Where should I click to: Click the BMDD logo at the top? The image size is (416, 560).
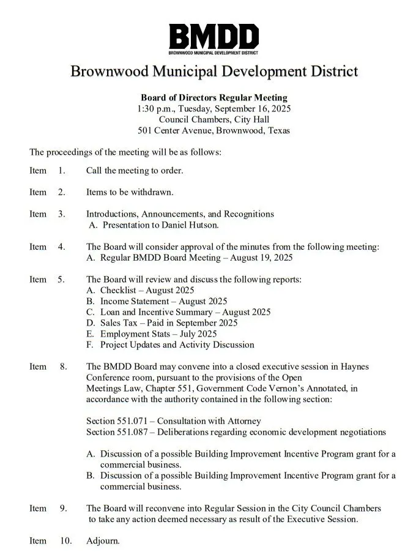pyautogui.click(x=214, y=39)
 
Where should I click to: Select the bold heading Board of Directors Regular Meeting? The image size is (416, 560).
pyautogui.click(x=214, y=97)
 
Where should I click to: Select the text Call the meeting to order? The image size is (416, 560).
pyautogui.click(x=134, y=171)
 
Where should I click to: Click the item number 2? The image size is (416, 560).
pyautogui.click(x=62, y=192)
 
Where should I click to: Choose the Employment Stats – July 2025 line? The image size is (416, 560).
pyautogui.click(x=158, y=334)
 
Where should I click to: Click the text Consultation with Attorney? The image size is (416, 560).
pyautogui.click(x=209, y=421)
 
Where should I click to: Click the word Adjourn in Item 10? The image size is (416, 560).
pyautogui.click(x=103, y=541)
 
